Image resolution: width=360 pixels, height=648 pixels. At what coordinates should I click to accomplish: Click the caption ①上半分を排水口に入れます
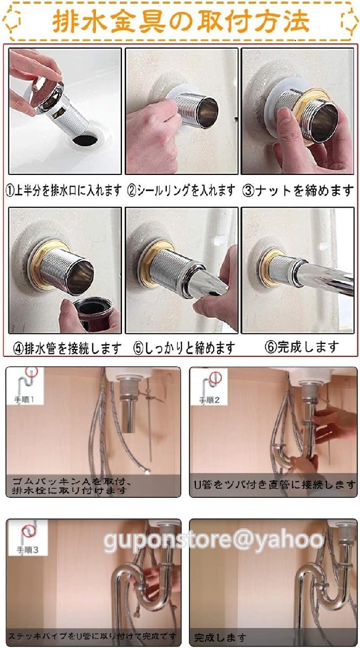64,191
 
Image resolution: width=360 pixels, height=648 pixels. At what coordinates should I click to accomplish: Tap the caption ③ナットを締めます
298,191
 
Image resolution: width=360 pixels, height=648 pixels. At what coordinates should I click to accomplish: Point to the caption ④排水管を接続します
67,348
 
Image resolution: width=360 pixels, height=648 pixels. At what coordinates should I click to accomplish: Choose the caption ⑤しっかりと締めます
185,348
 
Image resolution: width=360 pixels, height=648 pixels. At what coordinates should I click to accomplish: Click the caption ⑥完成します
302,347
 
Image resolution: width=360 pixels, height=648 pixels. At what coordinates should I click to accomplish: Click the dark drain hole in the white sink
85,139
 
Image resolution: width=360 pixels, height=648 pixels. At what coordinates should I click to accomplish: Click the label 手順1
24,400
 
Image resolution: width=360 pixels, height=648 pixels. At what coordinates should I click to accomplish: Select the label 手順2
209,400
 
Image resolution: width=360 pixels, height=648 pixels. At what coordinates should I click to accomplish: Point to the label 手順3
28,549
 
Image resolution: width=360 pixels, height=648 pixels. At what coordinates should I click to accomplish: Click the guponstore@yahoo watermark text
213,539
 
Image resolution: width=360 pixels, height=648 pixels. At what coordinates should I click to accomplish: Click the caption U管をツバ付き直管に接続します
274,484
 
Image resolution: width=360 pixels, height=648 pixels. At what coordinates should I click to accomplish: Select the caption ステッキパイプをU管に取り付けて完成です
92,636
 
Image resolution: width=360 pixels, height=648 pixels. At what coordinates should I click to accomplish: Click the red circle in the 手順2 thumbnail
215,377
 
